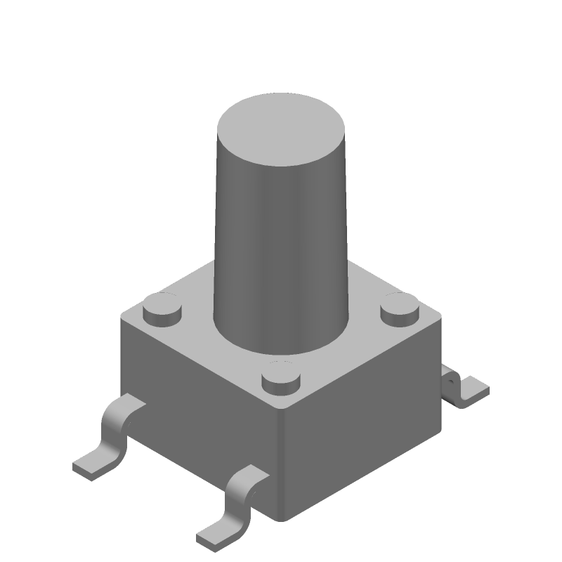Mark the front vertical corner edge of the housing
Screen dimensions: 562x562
tap(285, 464)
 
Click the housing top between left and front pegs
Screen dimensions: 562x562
tap(211, 351)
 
